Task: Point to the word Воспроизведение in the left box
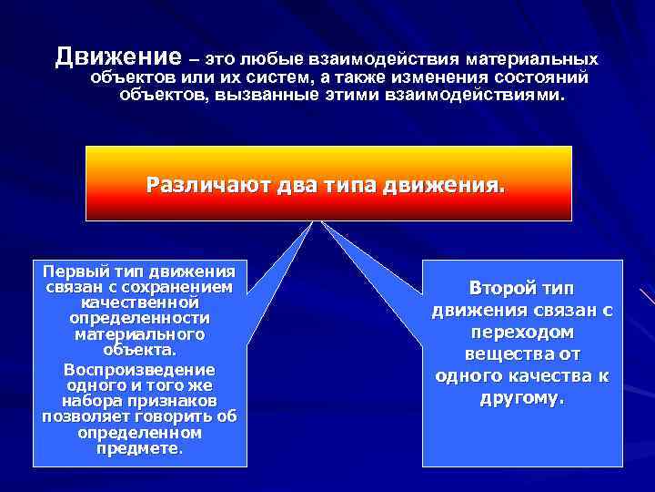(x=139, y=370)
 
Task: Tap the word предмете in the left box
(x=139, y=448)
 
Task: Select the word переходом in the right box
(x=523, y=333)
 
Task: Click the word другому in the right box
(x=522, y=398)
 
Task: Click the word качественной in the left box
(x=139, y=302)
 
